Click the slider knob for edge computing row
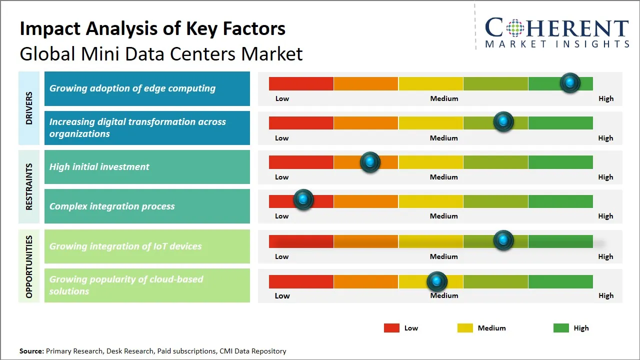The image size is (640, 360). click(x=570, y=83)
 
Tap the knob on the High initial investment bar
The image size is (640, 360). click(x=370, y=162)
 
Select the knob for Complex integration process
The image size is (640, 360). click(x=303, y=199)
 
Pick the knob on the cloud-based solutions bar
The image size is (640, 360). click(x=437, y=282)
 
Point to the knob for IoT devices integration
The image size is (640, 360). click(x=503, y=240)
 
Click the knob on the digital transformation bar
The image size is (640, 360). click(x=503, y=122)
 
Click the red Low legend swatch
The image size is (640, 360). click(x=391, y=328)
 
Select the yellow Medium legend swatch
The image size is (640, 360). click(x=465, y=328)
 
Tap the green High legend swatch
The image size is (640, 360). click(x=561, y=328)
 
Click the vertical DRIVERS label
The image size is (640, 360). click(x=29, y=108)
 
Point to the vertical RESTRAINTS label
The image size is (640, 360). click(x=29, y=186)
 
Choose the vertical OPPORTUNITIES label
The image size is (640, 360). click(x=29, y=266)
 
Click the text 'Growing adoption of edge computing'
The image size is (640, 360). click(x=132, y=88)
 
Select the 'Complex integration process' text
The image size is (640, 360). click(x=112, y=206)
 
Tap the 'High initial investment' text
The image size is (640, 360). click(x=99, y=167)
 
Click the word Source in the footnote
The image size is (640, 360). click(x=31, y=351)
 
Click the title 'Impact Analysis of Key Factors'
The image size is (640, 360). click(x=152, y=29)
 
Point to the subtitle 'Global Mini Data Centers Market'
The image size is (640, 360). click(x=161, y=54)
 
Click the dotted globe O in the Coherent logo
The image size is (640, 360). click(x=514, y=28)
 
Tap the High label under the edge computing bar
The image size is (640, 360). click(x=606, y=98)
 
